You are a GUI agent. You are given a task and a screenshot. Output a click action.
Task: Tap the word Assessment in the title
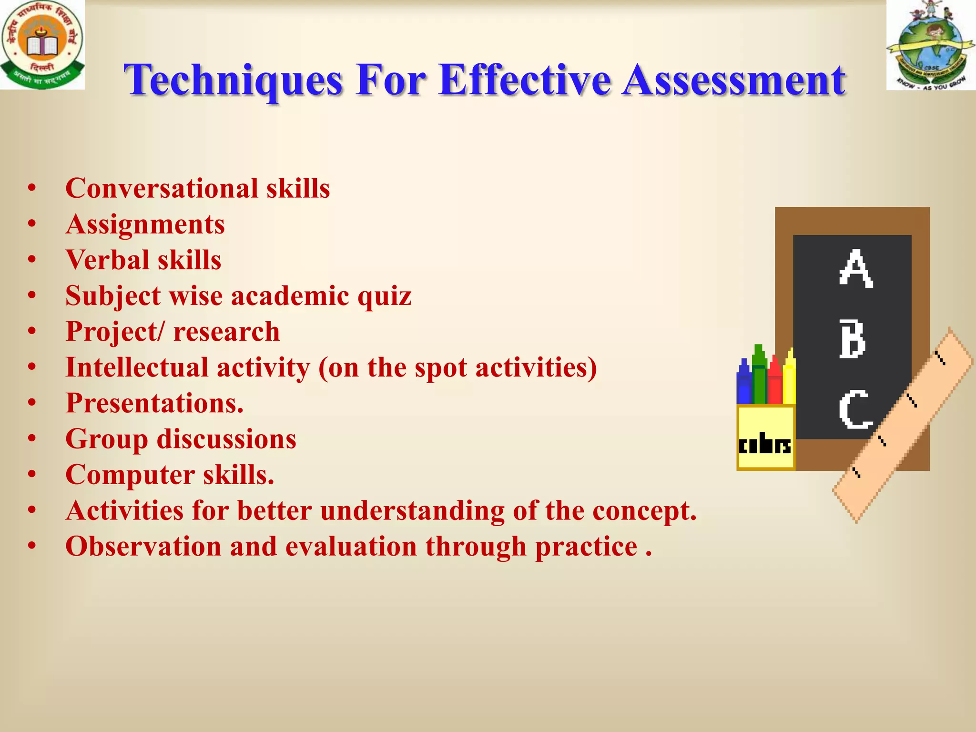734,80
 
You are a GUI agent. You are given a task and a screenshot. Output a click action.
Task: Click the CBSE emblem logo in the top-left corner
42,44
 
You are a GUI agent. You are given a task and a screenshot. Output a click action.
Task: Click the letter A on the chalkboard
856,269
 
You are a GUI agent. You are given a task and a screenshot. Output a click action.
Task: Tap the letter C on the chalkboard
855,409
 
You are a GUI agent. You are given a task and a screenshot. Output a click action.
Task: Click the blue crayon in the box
743,383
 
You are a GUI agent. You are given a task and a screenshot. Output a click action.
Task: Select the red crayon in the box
775,381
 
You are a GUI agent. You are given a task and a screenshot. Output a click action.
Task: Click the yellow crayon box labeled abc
765,437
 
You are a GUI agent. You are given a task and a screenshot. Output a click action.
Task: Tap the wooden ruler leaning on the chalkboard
903,425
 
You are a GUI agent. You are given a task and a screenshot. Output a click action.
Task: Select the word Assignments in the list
145,224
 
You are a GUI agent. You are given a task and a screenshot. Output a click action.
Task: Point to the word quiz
384,296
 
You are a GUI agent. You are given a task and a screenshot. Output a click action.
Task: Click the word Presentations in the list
154,403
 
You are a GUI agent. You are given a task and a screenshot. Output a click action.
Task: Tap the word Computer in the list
130,475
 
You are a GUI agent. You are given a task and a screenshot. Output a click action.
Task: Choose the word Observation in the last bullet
143,546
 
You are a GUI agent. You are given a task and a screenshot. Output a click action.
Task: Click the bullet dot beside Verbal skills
32,260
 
